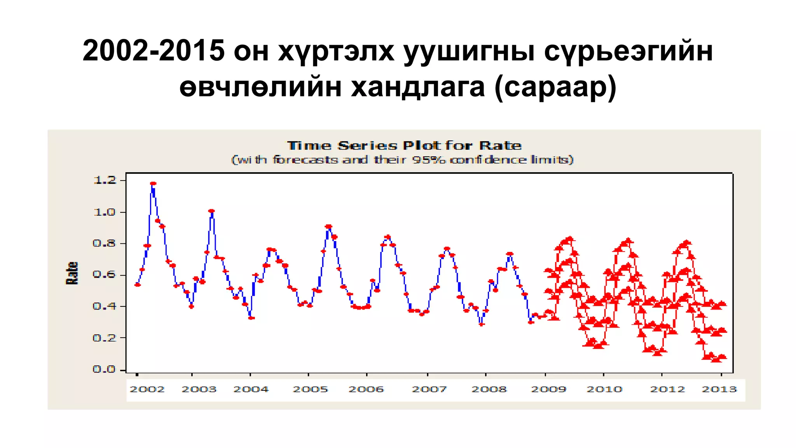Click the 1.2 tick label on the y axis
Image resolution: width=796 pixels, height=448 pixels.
(105, 180)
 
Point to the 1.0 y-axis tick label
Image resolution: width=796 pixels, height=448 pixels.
(105, 212)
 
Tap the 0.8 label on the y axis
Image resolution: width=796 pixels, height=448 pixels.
(105, 243)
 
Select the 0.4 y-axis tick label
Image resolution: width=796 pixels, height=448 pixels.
(105, 306)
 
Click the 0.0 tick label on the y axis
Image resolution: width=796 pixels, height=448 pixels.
(105, 369)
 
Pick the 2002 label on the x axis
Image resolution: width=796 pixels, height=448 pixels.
(147, 389)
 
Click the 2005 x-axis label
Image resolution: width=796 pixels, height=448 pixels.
(310, 389)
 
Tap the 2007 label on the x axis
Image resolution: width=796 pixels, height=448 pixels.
(429, 389)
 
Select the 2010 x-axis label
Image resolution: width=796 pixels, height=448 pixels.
(604, 389)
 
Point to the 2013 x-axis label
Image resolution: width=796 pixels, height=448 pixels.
(719, 389)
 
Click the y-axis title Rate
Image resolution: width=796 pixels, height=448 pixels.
(72, 273)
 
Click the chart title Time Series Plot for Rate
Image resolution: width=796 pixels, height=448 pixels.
(404, 146)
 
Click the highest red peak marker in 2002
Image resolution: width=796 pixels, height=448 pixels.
(153, 183)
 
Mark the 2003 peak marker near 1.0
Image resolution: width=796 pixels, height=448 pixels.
(211, 211)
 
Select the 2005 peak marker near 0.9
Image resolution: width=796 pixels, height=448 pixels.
(328, 226)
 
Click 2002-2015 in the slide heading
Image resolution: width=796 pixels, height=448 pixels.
(154, 51)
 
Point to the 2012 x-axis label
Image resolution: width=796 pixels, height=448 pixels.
(667, 389)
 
